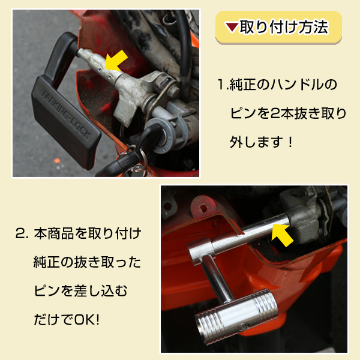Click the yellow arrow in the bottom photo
tap(283, 235)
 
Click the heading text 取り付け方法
tap(284, 27)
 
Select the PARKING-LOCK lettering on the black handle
tap(66, 115)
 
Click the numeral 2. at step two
tap(22, 233)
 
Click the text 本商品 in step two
tap(54, 233)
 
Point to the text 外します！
tap(261, 142)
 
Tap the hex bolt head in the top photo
tap(174, 92)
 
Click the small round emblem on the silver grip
tap(242, 326)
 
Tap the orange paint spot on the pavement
tap(57, 161)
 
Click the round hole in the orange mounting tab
tap(203, 208)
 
